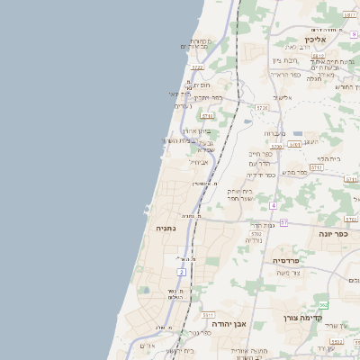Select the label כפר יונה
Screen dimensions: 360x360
pyautogui.click(x=332, y=232)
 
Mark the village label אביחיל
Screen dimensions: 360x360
pyautogui.click(x=200, y=163)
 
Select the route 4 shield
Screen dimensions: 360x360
pyautogui.click(x=273, y=205)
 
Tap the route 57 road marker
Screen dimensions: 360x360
pyautogui.click(x=283, y=221)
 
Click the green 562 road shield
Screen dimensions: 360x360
pyautogui.click(x=323, y=305)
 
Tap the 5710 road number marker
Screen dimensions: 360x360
pyautogui.click(x=208, y=116)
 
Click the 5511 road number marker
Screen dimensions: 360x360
pyautogui.click(x=208, y=315)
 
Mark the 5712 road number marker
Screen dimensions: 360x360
pyautogui.click(x=316, y=166)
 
